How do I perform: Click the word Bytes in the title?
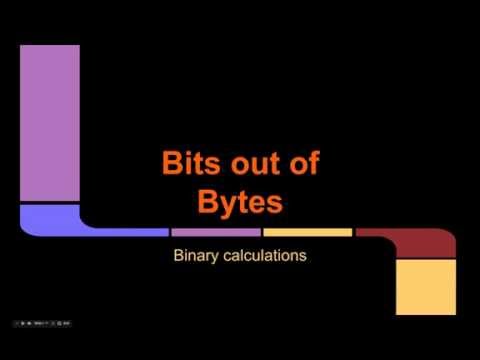pos(240,202)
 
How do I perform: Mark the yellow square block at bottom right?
pos(425,286)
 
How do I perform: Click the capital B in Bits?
pos(171,164)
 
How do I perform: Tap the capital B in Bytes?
pos(207,202)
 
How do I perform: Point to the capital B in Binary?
pos(179,256)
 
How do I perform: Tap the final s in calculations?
pos(302,256)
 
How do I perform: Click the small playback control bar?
pos(48,323)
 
